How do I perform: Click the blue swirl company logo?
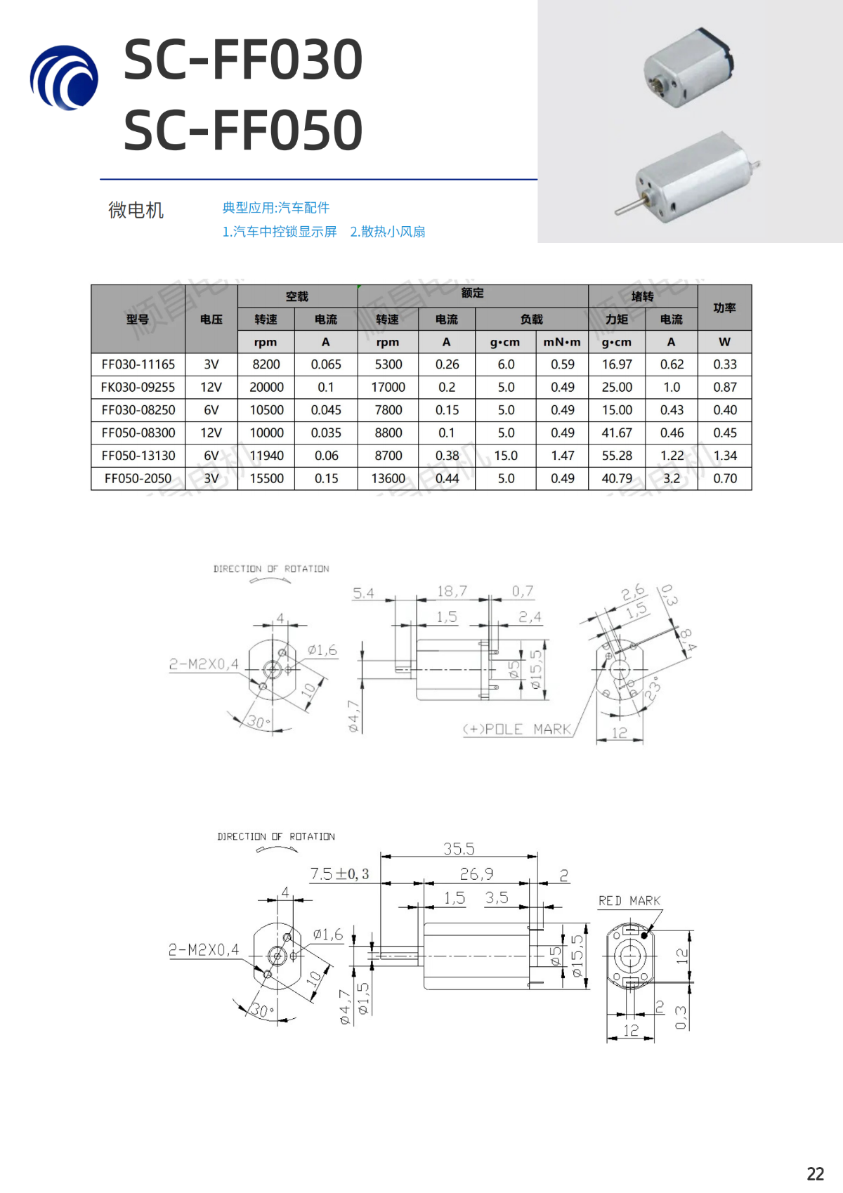point(64,78)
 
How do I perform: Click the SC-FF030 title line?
point(243,60)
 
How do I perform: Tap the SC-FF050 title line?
point(243,131)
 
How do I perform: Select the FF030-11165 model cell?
point(138,364)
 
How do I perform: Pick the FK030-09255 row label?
point(138,387)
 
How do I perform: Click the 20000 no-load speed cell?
point(266,387)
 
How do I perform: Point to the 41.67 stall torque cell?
point(617,433)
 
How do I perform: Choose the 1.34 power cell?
point(725,456)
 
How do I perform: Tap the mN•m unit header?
point(562,342)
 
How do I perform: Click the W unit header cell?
point(725,342)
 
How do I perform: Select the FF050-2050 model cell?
point(138,478)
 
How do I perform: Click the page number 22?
point(816,1174)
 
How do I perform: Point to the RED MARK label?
point(629,900)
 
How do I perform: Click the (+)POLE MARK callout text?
point(517,729)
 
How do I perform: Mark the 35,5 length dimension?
point(459,849)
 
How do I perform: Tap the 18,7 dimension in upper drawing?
point(452,591)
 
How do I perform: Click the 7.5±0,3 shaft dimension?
point(340,874)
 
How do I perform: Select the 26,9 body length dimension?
point(476,874)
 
